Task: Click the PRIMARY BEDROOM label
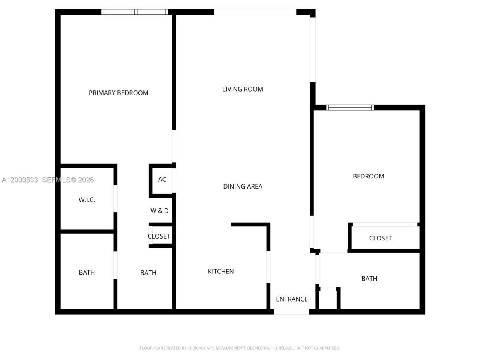[118, 93]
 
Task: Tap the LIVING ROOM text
[243, 89]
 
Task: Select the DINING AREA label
[243, 186]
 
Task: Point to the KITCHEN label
[221, 271]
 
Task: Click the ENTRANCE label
[292, 299]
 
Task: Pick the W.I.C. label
[87, 200]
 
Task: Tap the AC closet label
[162, 180]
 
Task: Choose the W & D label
[159, 211]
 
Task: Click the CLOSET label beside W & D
[159, 236]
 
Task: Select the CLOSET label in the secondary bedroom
[380, 238]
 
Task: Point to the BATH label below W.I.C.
[87, 272]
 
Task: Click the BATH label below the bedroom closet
[369, 278]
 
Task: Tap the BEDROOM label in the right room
[368, 176]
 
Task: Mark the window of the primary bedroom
[135, 12]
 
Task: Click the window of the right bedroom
[350, 108]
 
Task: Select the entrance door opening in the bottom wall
[291, 312]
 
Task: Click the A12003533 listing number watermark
[19, 180]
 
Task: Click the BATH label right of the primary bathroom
[148, 273]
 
